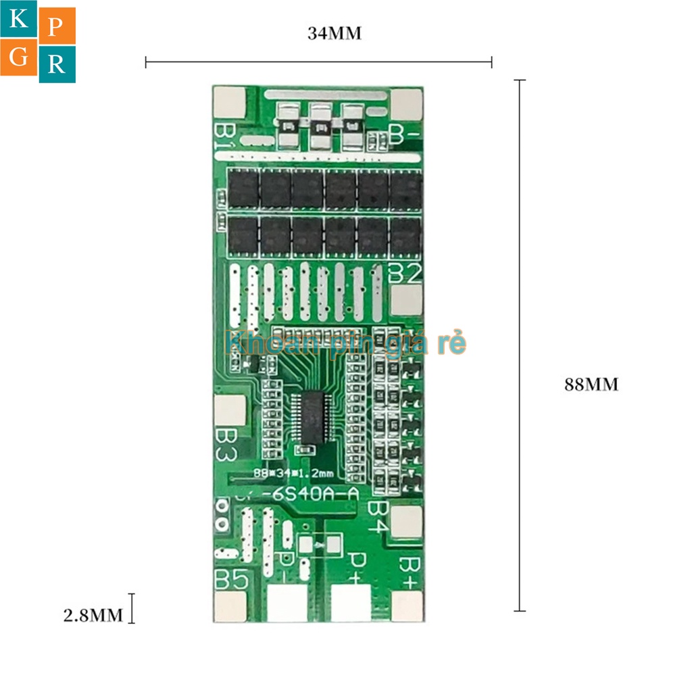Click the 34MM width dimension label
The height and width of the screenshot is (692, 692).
pyautogui.click(x=335, y=33)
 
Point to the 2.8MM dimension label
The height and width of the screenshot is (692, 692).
pyautogui.click(x=93, y=614)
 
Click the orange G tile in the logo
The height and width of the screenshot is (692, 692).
pyautogui.click(x=19, y=59)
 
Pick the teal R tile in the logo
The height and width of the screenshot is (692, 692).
pyautogui.click(x=57, y=64)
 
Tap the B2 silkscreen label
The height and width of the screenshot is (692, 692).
pyautogui.click(x=406, y=273)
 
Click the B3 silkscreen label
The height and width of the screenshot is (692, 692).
pyautogui.click(x=226, y=444)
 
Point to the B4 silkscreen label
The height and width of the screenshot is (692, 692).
pyautogui.click(x=379, y=517)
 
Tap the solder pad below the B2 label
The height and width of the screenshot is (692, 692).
pyautogui.click(x=406, y=299)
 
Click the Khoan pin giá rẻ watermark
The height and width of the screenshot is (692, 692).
pyautogui.click(x=345, y=343)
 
